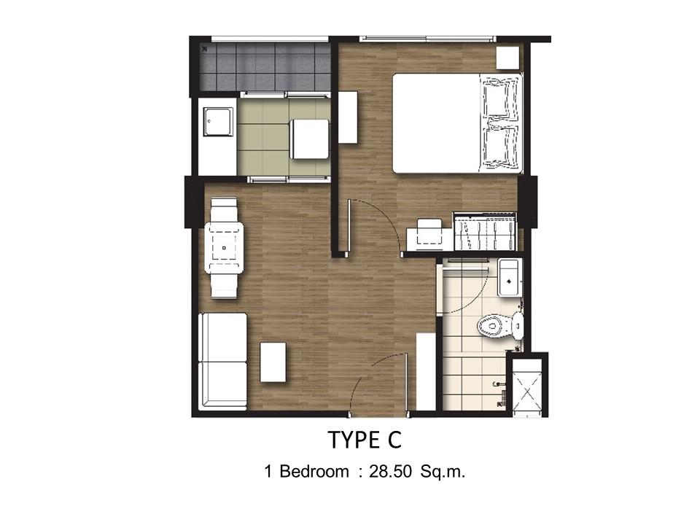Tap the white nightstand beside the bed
tap(508, 58)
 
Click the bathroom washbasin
tap(510, 277)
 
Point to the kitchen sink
tap(219, 122)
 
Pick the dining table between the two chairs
tap(224, 248)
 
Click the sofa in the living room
tap(223, 361)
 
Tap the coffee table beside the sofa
tap(273, 362)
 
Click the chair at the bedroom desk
tap(429, 232)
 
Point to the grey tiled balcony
tap(266, 66)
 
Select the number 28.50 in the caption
tap(390, 472)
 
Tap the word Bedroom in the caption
tap(314, 472)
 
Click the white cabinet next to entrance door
tap(426, 371)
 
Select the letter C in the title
tap(395, 440)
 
